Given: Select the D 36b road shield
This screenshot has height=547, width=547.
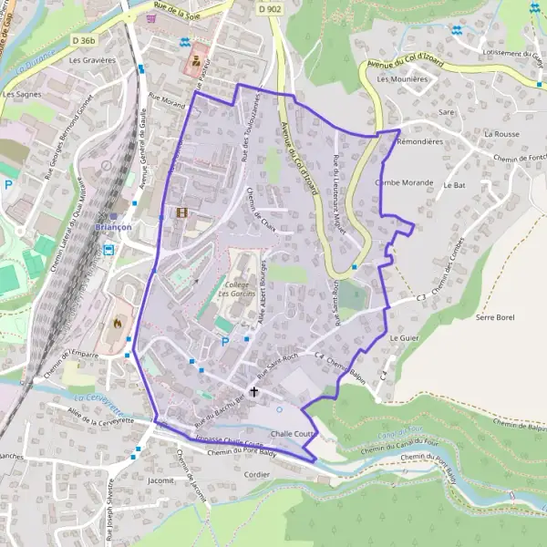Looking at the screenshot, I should tap(83, 40).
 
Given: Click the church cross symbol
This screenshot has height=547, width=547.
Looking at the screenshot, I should tap(253, 391).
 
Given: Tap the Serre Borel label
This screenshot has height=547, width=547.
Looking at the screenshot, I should tap(496, 317).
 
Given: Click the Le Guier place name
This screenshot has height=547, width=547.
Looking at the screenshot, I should tap(402, 337).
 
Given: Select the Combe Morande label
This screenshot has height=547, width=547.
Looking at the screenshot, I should tap(404, 182).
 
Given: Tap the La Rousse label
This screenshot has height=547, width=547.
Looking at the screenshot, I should tap(501, 133).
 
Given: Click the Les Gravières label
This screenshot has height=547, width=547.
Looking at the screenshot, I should tap(92, 60).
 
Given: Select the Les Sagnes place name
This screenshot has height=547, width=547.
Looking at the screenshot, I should tap(21, 94).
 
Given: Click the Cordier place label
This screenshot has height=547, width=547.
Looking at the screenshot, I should tap(257, 475).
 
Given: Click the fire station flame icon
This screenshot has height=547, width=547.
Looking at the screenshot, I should tap(117, 322).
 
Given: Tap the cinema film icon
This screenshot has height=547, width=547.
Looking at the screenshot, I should tap(182, 212).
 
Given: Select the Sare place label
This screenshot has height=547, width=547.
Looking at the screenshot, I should tap(446, 111).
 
